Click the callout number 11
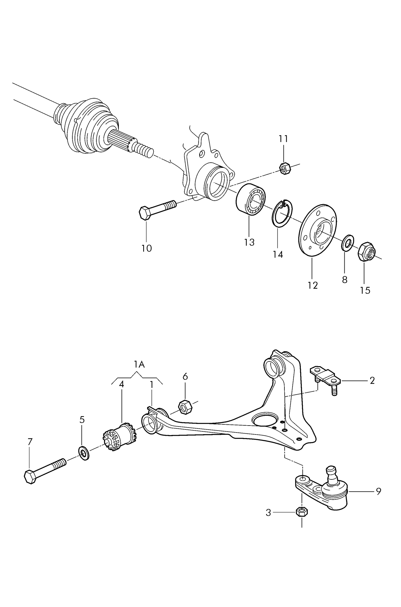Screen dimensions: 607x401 [x=283, y=139]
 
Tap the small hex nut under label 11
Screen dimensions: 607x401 [x=284, y=168]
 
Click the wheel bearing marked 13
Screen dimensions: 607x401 [x=251, y=199]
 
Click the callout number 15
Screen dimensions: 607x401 [x=365, y=290]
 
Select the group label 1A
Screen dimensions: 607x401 [x=139, y=364]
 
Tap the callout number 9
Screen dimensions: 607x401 [x=378, y=491]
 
